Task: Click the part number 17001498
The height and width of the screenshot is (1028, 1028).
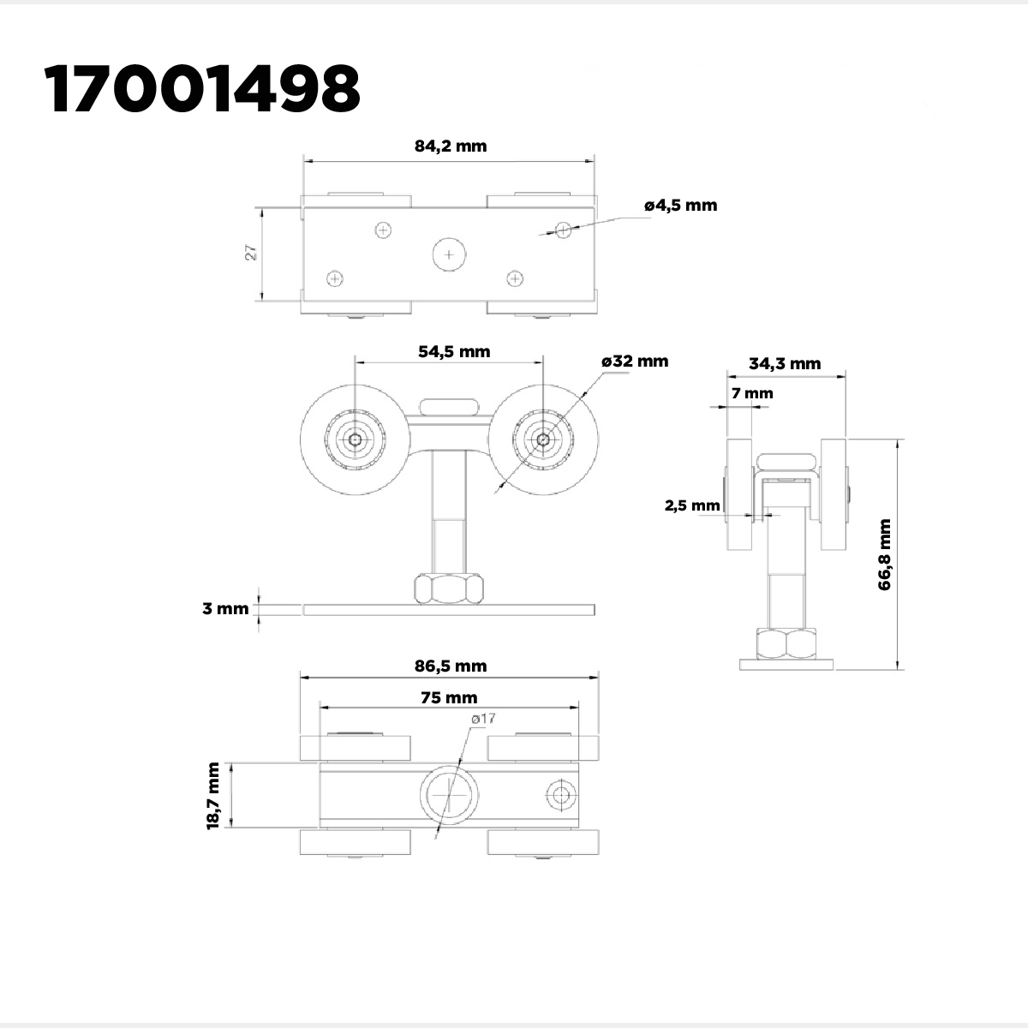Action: pyautogui.click(x=203, y=88)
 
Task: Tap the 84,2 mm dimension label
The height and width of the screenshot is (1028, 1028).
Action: pyautogui.click(x=451, y=146)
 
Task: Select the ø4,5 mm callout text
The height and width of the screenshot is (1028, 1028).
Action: pyautogui.click(x=681, y=206)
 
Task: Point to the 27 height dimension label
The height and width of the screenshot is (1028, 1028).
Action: pyautogui.click(x=251, y=253)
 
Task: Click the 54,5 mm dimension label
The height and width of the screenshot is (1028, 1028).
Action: pyautogui.click(x=454, y=351)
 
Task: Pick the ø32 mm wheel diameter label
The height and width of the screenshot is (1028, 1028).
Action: pyautogui.click(x=635, y=362)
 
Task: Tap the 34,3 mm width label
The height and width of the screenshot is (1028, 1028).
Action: pyautogui.click(x=785, y=364)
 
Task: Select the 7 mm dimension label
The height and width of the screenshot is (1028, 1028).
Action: pyautogui.click(x=752, y=393)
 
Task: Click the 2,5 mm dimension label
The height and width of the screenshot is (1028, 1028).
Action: pyautogui.click(x=692, y=505)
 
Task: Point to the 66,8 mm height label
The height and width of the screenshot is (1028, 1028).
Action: pyautogui.click(x=884, y=554)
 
